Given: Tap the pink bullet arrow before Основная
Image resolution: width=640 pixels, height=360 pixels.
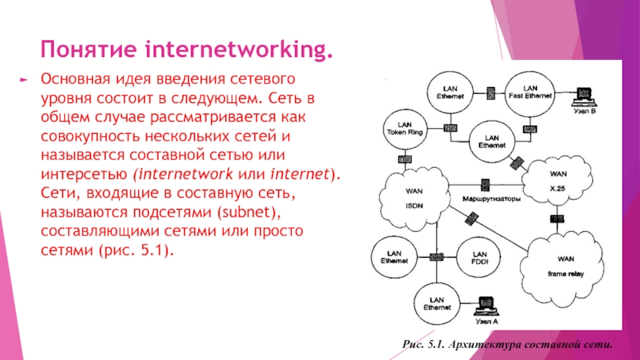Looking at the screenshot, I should click(23, 81).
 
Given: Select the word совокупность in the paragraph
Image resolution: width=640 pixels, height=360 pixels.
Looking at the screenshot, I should click(88, 137).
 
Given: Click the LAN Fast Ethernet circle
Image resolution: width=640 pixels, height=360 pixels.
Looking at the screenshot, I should click(530, 93).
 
